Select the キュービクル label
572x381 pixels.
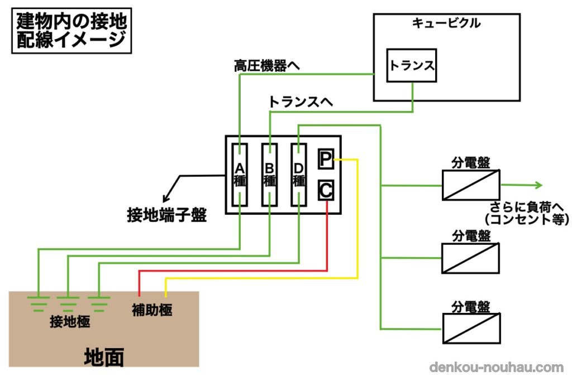(x=446, y=23)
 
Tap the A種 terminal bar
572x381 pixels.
(x=240, y=174)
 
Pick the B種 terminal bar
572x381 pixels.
(x=270, y=174)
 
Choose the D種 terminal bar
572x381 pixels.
(x=299, y=174)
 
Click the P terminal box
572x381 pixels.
(x=326, y=159)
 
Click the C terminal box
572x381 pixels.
(x=326, y=190)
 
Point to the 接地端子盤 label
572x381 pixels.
(x=167, y=215)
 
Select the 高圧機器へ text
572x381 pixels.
(x=266, y=66)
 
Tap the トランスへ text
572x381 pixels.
(x=301, y=102)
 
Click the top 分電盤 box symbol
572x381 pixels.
(x=471, y=185)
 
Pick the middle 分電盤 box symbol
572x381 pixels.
(x=471, y=258)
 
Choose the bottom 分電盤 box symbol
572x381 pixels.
(x=471, y=329)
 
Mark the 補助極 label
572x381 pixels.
(x=152, y=310)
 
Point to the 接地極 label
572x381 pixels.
(x=70, y=322)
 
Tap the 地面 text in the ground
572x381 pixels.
(x=103, y=357)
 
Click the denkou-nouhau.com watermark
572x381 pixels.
(x=497, y=368)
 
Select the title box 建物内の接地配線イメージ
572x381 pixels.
(x=71, y=31)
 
